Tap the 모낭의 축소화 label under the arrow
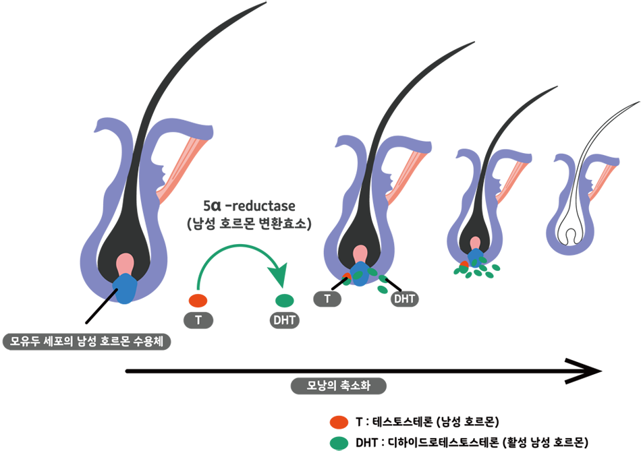pyautogui.click(x=339, y=386)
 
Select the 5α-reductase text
pyautogui.click(x=250, y=206)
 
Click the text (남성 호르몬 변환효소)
pyautogui.click(x=249, y=223)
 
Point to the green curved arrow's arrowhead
pyautogui.click(x=279, y=275)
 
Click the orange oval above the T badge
pyautogui.click(x=198, y=301)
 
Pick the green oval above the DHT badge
pyautogui.click(x=285, y=301)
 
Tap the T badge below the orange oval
pyautogui.click(x=198, y=320)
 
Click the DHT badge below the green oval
pyautogui.click(x=285, y=320)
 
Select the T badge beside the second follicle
pyautogui.click(x=327, y=299)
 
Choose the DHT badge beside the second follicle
pyautogui.click(x=405, y=299)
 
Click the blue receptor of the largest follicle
pyautogui.click(x=125, y=289)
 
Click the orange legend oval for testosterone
pyautogui.click(x=339, y=422)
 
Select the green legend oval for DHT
pyautogui.click(x=339, y=443)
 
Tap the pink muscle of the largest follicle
pyautogui.click(x=183, y=169)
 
